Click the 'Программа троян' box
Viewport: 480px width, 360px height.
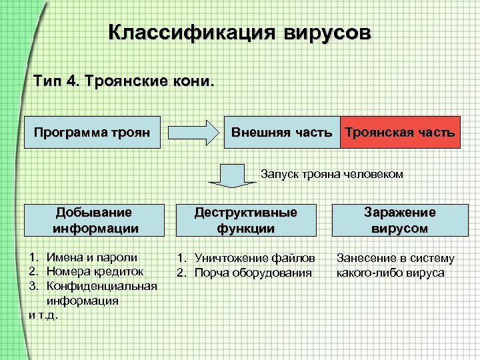tap(96, 132)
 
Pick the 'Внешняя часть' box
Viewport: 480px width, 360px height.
tap(281, 132)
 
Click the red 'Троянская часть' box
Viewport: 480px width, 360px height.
tap(400, 132)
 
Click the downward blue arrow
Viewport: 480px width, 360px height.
tap(228, 175)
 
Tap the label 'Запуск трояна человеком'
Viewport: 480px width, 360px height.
tap(332, 174)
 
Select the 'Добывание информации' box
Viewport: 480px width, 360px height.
tap(96, 220)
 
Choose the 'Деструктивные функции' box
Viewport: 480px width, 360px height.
tap(245, 220)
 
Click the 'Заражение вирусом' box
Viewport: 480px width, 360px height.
tap(400, 220)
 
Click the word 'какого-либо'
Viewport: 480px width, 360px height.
tap(369, 272)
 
